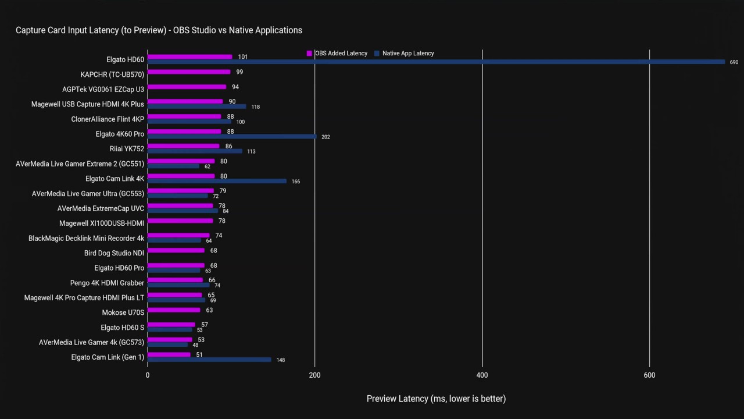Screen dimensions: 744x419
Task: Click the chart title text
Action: click(x=159, y=30)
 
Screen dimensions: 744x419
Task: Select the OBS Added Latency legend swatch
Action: click(x=309, y=53)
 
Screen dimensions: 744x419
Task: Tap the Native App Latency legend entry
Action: click(x=404, y=53)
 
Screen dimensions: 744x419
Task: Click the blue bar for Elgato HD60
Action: click(x=436, y=62)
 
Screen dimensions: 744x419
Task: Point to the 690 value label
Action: click(x=734, y=62)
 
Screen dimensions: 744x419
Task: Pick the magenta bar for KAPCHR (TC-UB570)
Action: click(x=189, y=72)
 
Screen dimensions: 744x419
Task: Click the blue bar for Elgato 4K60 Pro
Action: click(x=232, y=136)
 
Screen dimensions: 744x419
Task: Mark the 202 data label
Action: click(x=325, y=137)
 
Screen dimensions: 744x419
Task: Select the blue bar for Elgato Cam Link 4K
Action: click(x=217, y=181)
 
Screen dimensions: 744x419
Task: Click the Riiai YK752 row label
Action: click(x=127, y=148)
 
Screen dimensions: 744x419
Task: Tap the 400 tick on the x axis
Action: click(x=482, y=375)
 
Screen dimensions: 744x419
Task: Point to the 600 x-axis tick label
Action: click(x=649, y=375)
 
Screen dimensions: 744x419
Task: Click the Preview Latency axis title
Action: click(x=436, y=399)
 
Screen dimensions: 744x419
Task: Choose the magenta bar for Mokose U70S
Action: click(x=174, y=310)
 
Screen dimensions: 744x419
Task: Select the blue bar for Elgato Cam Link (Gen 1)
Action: click(x=209, y=360)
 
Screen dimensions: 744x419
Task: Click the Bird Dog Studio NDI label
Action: click(x=114, y=253)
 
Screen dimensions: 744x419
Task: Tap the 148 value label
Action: click(x=281, y=360)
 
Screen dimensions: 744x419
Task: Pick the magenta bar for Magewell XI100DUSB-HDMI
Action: click(x=180, y=221)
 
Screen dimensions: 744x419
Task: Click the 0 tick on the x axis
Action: click(x=148, y=375)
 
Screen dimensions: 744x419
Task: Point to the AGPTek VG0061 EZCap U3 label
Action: click(x=103, y=90)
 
